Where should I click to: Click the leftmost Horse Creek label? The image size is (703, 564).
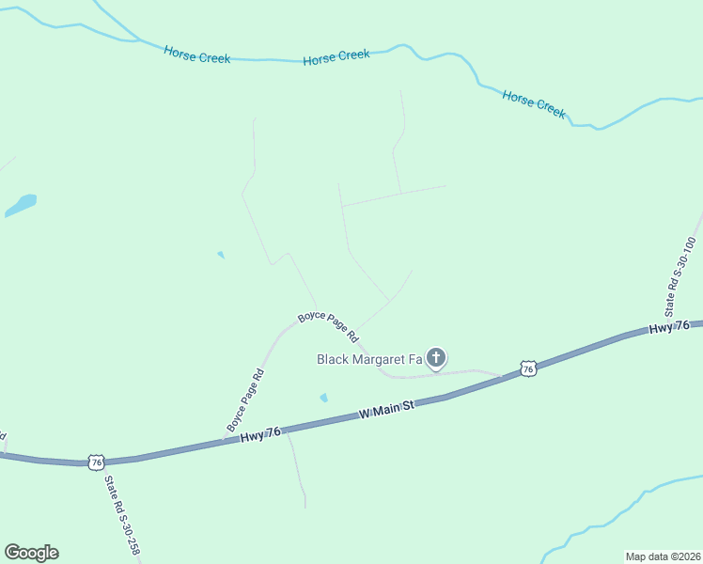tap(196, 55)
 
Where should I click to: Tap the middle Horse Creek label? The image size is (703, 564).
tap(336, 58)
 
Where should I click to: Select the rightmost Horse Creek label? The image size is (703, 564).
tap(534, 103)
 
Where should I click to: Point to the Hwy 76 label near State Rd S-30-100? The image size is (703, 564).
tap(669, 327)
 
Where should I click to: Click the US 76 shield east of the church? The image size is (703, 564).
tap(528, 368)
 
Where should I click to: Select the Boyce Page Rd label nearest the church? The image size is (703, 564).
tap(329, 325)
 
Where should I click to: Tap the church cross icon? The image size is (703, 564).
tap(436, 357)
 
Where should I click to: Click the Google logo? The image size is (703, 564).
tap(31, 553)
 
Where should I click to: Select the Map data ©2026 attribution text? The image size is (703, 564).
tap(663, 556)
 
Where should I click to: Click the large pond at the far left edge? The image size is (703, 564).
tap(20, 205)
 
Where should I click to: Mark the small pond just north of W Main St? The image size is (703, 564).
tap(324, 398)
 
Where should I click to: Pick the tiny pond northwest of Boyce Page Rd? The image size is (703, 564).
tap(221, 255)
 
